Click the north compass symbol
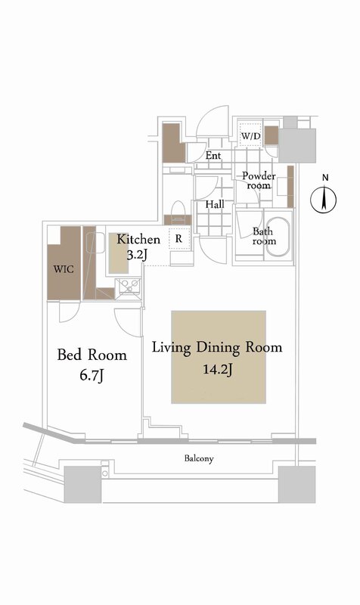coord(324,200)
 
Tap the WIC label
coord(64,268)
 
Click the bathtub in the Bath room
coord(278,237)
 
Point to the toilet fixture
coord(178,210)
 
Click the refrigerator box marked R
coord(179,239)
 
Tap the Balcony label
coord(199,458)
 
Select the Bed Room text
coord(92,355)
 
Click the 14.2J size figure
coord(218,370)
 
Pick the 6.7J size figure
coord(92,375)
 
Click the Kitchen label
coord(138,239)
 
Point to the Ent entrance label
coord(213,156)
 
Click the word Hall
coord(215,204)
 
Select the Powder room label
coord(259,181)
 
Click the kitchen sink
coord(129,286)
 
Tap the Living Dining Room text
coord(217,347)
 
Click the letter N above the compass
coord(325,178)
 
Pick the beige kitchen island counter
coord(119,253)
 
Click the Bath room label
coord(264,236)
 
